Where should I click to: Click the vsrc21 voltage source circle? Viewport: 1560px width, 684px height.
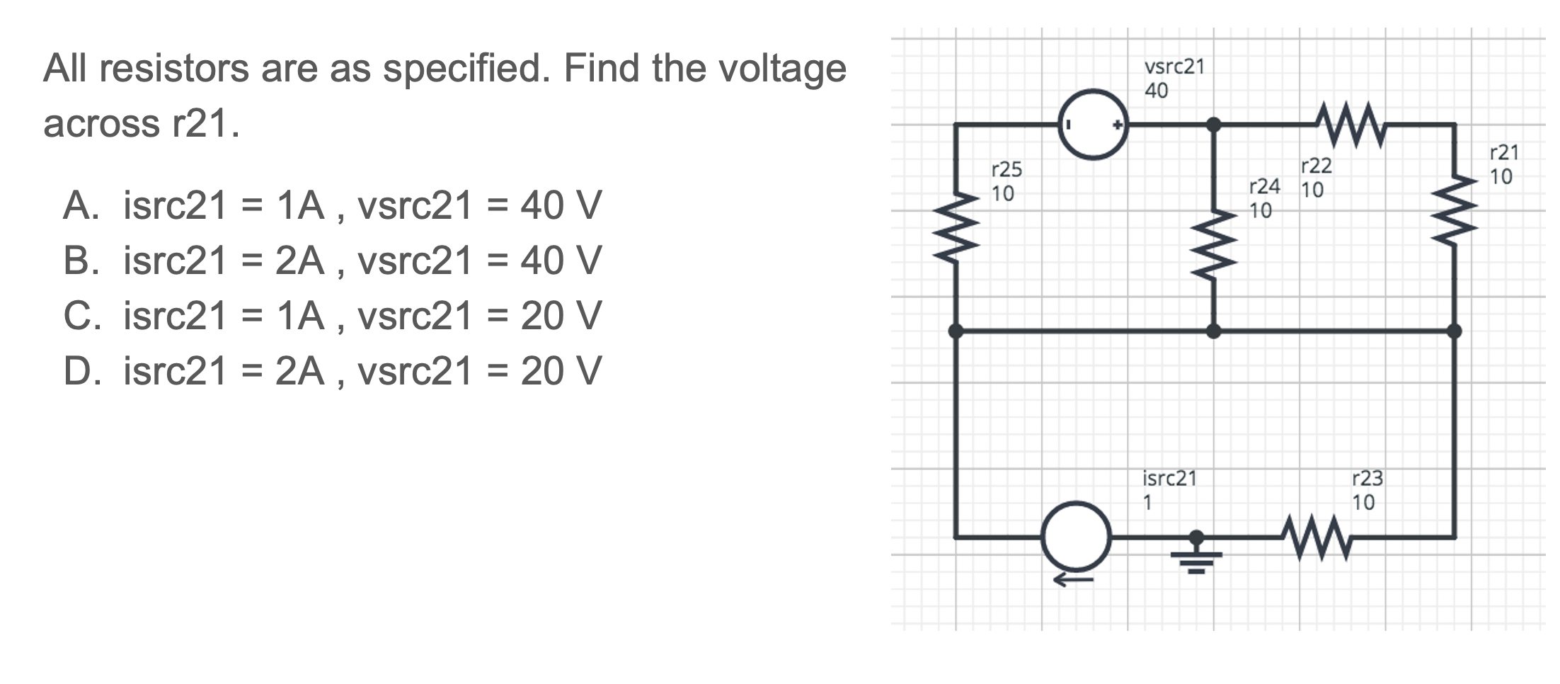(1093, 125)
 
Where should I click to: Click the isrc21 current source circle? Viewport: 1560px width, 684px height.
(1077, 537)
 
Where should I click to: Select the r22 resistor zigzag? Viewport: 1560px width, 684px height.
(1351, 125)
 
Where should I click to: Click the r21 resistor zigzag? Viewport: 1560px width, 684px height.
(1455, 210)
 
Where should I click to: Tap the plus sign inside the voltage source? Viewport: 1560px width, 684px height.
(1118, 125)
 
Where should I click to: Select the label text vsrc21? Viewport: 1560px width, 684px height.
(1174, 67)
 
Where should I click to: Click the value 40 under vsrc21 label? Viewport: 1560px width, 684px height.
(1156, 91)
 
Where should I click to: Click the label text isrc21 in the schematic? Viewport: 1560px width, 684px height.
(1169, 479)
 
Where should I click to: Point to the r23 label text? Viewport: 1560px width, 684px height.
(1367, 479)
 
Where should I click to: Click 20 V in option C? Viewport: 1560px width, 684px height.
(561, 316)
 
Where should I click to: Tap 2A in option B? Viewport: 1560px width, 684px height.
(299, 261)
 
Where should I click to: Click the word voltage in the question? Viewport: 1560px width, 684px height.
(782, 69)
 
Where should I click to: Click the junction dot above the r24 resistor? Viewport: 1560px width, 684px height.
(1213, 125)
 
